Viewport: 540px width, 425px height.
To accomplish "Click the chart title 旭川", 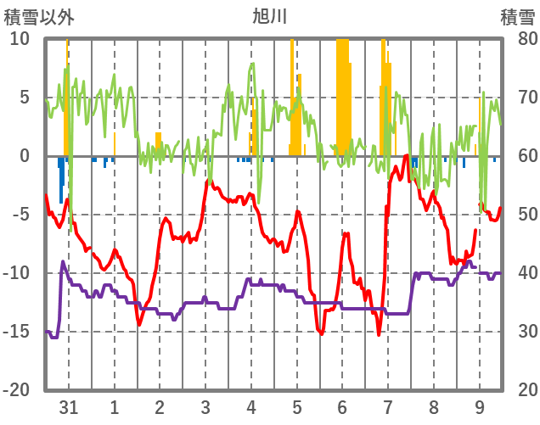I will click(x=270, y=15).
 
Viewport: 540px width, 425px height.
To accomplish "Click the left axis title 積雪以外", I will click(x=33, y=15).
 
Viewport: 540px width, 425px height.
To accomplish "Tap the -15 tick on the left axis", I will click(x=17, y=332).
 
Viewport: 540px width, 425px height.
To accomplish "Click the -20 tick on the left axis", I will click(x=17, y=390).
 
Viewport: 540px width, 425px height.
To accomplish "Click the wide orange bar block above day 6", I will click(x=343, y=93).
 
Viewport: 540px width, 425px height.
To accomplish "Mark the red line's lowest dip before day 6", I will click(x=322, y=334).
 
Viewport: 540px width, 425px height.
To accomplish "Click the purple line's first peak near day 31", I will click(x=63, y=262).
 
